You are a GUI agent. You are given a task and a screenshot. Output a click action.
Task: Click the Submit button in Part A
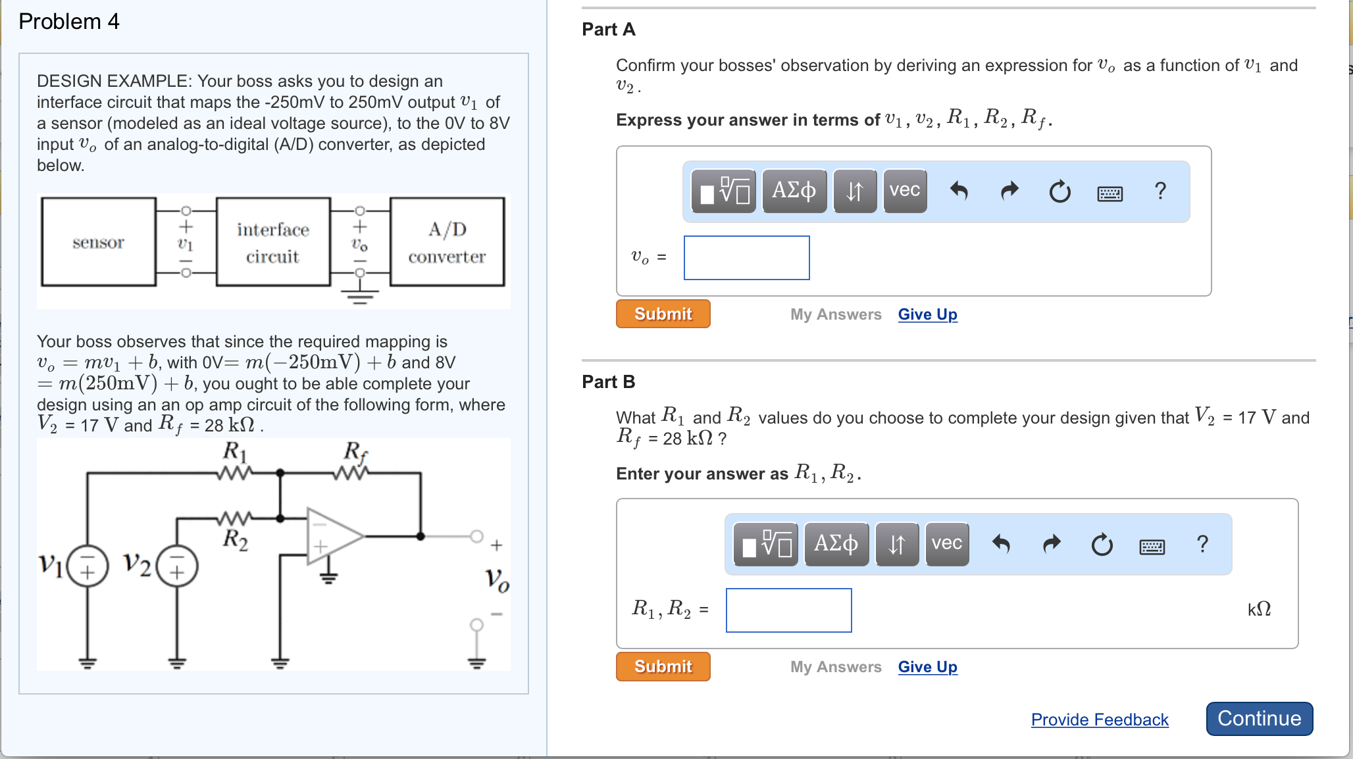click(663, 314)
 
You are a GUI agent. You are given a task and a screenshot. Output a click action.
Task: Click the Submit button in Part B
click(663, 666)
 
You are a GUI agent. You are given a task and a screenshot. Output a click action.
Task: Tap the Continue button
click(1258, 718)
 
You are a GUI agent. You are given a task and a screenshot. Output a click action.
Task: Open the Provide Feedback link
click(1099, 720)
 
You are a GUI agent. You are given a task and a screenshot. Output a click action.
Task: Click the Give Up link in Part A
click(927, 314)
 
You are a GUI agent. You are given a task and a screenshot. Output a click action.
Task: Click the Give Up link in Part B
click(927, 667)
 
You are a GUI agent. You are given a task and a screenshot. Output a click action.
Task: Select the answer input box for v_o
click(746, 258)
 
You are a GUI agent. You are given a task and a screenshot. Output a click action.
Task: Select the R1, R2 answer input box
click(788, 610)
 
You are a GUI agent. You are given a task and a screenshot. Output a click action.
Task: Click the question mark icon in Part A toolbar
click(1160, 191)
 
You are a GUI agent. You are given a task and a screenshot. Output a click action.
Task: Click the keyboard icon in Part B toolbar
click(1152, 545)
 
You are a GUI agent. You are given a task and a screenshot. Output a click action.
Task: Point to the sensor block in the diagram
click(99, 242)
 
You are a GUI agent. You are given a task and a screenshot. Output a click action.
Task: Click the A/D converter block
click(447, 242)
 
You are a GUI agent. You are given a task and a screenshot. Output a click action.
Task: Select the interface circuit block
click(272, 242)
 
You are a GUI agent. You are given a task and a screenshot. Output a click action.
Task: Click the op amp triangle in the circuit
click(332, 536)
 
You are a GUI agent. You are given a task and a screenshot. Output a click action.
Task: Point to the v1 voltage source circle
click(88, 566)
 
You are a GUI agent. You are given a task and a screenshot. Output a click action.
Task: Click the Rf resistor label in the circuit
click(355, 451)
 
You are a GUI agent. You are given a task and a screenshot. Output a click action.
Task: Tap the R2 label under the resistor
click(235, 539)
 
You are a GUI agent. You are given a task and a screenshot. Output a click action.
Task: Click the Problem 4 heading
click(69, 22)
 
